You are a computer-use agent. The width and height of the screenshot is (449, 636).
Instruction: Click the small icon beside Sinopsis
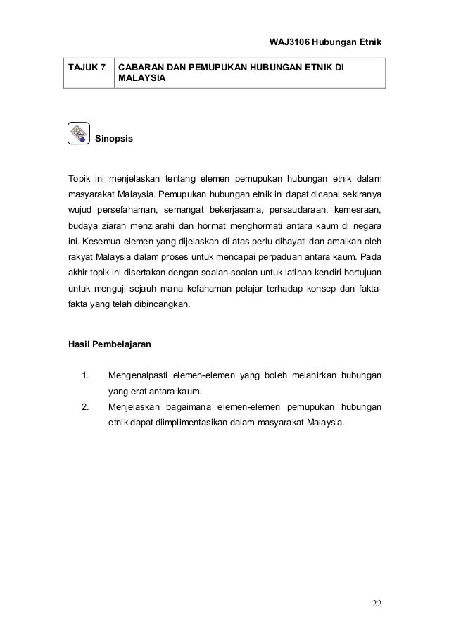78,132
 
